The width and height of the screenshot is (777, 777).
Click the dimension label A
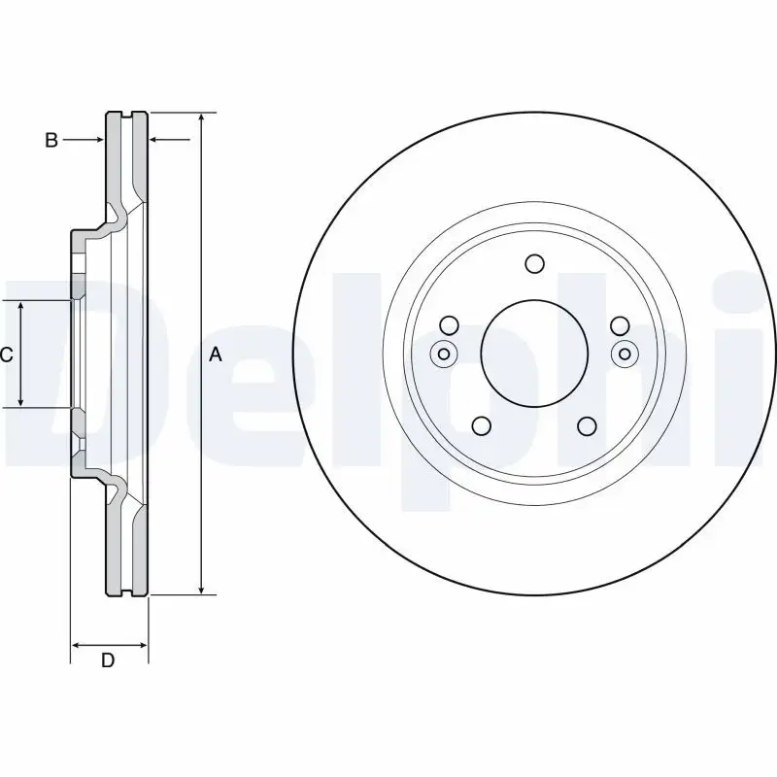coord(216,355)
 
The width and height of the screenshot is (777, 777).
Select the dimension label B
coord(51,141)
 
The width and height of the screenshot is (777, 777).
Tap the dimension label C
coord(7,355)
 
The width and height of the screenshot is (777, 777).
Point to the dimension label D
coord(109,661)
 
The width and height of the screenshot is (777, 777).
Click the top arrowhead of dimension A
coord(201,117)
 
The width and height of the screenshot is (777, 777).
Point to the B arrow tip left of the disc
coord(101,141)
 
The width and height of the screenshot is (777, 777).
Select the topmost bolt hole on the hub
coord(533,263)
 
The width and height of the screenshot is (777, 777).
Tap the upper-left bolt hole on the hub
coord(449,325)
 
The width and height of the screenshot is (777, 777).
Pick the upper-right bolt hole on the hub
coord(618,325)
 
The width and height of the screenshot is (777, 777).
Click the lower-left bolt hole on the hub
coord(481,425)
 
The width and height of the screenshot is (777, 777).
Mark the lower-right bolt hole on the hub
coord(586,425)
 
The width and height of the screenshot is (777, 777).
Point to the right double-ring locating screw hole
coord(624,354)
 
